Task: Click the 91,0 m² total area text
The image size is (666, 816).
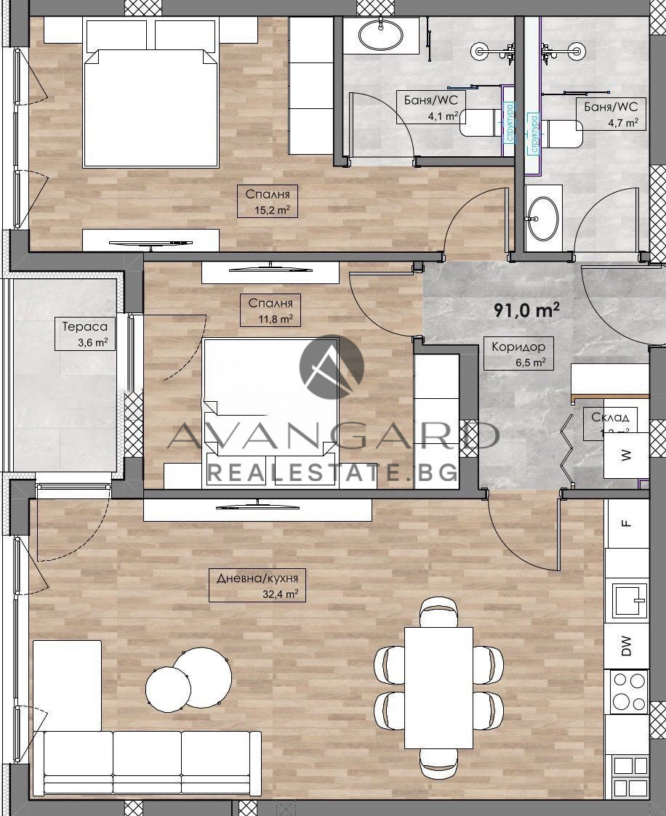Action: tap(526, 310)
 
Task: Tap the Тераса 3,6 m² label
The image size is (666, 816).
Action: tap(85, 335)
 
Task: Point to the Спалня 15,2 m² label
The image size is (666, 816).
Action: tap(268, 201)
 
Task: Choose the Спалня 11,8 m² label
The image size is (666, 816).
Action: tap(270, 310)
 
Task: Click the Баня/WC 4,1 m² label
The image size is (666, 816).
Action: tap(431, 106)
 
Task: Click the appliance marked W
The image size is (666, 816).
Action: tap(625, 456)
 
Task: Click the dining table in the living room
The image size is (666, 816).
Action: tap(438, 687)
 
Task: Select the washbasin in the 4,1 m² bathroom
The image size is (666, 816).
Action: tap(381, 33)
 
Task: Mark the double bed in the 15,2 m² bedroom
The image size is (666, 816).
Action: tap(151, 94)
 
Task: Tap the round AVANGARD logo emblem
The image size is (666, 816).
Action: tap(332, 367)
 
